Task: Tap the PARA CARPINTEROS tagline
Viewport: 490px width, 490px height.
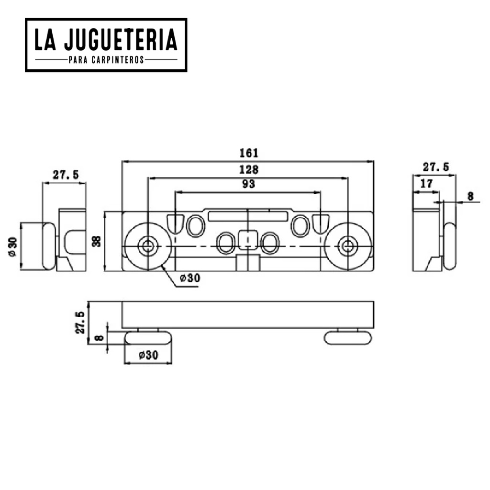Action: click(106, 60)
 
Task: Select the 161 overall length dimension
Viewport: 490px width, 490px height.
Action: click(249, 153)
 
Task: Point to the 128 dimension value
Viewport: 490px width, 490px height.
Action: click(249, 169)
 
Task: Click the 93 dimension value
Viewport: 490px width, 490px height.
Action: click(249, 184)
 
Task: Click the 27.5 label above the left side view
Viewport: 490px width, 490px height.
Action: click(66, 175)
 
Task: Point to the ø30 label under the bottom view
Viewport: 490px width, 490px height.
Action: click(148, 355)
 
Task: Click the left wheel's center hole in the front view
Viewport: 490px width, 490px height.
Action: click(146, 246)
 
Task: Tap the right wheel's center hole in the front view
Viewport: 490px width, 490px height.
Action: click(347, 246)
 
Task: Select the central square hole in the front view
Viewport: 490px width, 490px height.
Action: click(247, 238)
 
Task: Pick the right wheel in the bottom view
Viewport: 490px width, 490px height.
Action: click(348, 338)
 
